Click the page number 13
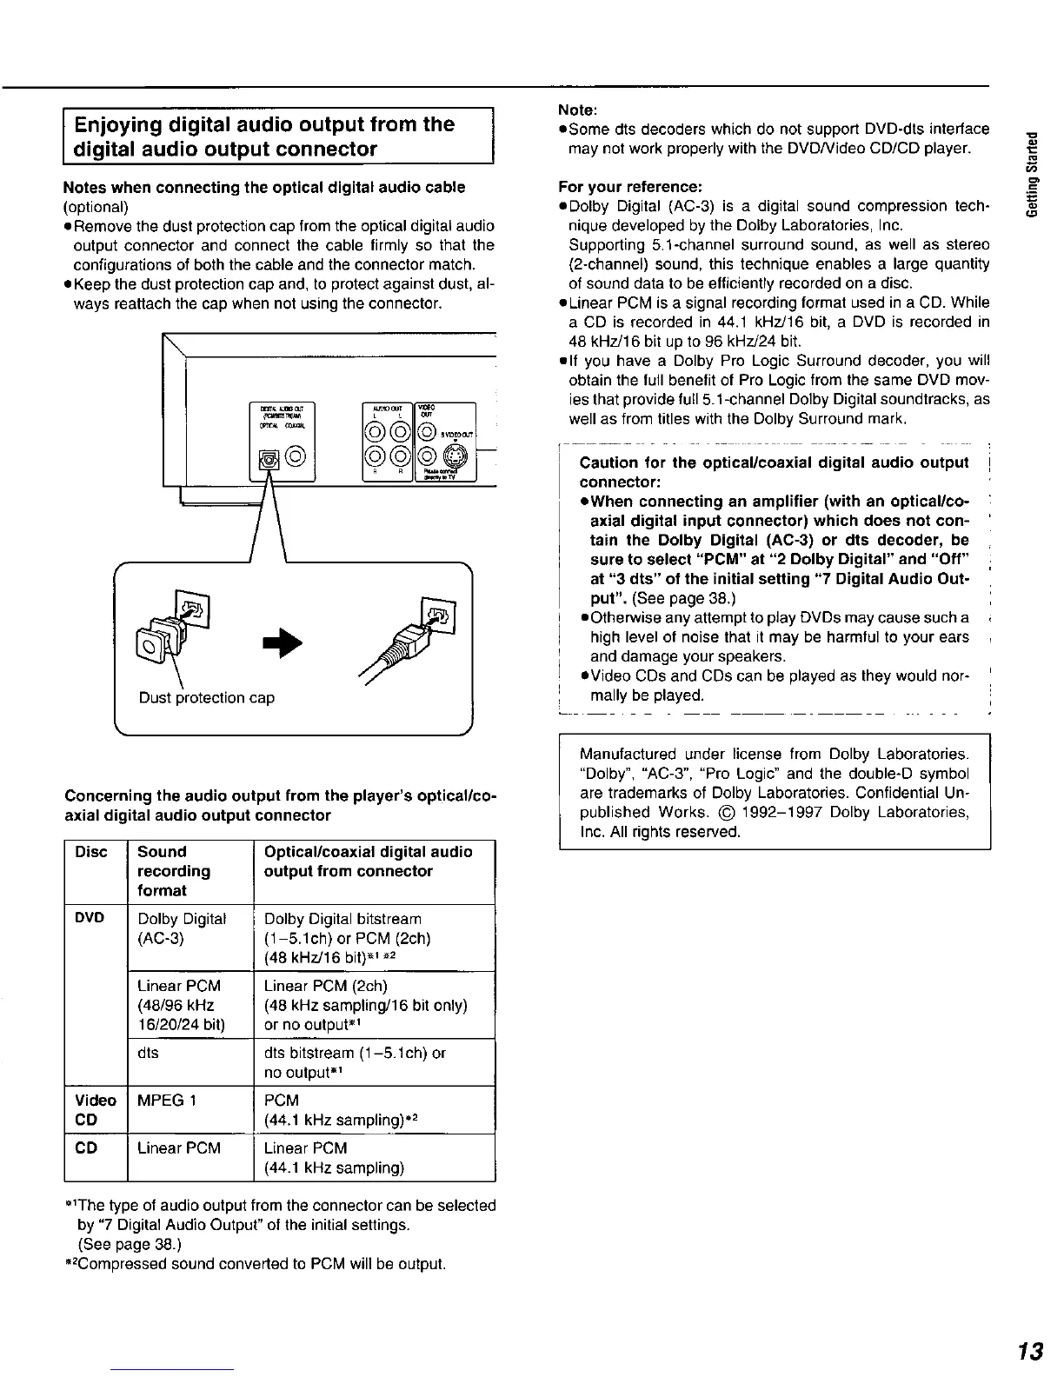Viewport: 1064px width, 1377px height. (x=1031, y=1352)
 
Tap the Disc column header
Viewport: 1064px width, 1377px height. (x=91, y=852)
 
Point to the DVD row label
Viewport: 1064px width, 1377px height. (x=90, y=919)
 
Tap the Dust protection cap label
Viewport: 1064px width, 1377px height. (x=207, y=698)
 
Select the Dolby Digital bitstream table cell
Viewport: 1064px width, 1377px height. (x=342, y=919)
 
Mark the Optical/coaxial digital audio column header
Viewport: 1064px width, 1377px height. (x=368, y=861)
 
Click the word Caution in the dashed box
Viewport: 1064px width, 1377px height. (x=611, y=462)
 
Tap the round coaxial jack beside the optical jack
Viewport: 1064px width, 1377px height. (x=296, y=454)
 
